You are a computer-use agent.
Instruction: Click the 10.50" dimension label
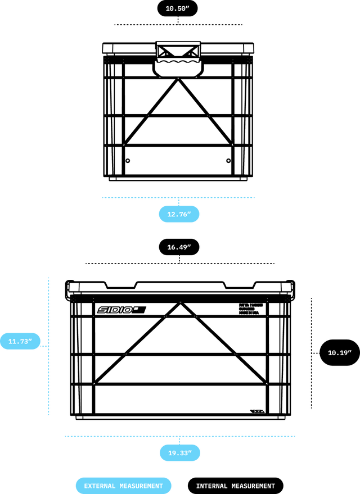(x=178, y=8)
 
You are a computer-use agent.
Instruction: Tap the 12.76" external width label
(x=179, y=214)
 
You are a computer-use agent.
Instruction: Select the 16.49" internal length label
(x=178, y=247)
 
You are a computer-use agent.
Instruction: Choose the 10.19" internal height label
(x=339, y=353)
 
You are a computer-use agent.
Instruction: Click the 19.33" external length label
(x=179, y=452)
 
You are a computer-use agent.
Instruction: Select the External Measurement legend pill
(x=123, y=486)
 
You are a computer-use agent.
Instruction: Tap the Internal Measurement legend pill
(x=235, y=486)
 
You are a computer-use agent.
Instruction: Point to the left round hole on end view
(x=128, y=161)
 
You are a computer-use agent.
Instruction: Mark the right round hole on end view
(x=228, y=161)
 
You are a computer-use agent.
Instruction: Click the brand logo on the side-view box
(x=121, y=310)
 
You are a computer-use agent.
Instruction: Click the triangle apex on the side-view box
(x=179, y=305)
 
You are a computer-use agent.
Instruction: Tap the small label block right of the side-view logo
(x=248, y=309)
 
